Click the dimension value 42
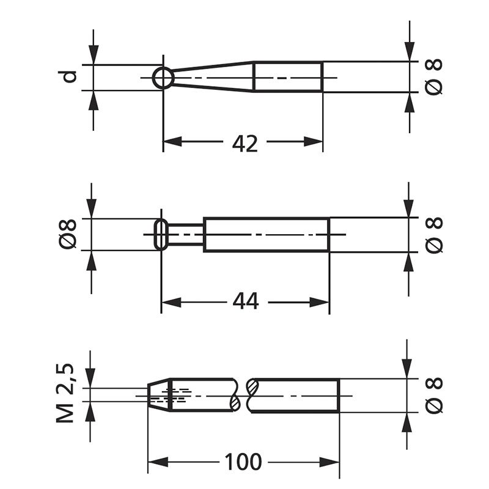[x=245, y=143]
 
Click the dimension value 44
[x=246, y=301]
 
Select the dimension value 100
[x=243, y=461]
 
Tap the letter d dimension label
[x=71, y=76]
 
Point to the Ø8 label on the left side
[x=70, y=233]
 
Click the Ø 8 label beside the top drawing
[x=433, y=77]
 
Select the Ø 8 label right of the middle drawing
[x=433, y=234]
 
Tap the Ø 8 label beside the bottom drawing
[x=433, y=394]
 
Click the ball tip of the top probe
[x=163, y=78]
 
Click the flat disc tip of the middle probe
[x=161, y=234]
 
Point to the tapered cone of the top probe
[x=214, y=77]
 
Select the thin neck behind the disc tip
[x=185, y=234]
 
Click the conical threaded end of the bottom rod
[x=158, y=395]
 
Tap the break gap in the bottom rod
[x=243, y=395]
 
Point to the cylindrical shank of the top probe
[x=287, y=77]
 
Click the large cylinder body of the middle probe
[x=266, y=234]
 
